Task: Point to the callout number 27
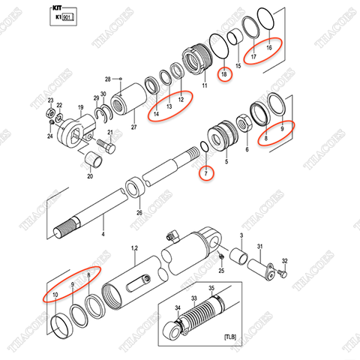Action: point(133,128)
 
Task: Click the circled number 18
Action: point(223,74)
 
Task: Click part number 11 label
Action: point(203,87)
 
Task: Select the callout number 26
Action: point(139,214)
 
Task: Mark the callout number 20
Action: point(89,178)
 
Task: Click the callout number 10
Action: point(55,296)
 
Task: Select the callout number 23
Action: point(50,100)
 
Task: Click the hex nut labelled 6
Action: point(244,122)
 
